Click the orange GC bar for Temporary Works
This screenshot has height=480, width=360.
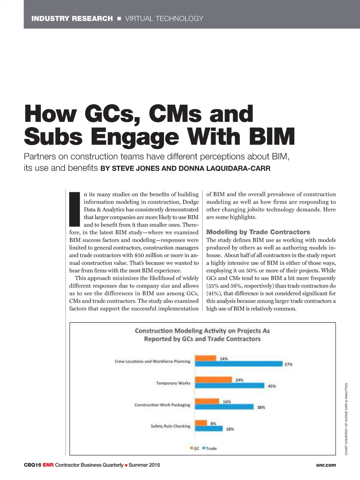pyautogui.click(x=213, y=380)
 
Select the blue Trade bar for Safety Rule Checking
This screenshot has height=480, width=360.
pyautogui.click(x=209, y=429)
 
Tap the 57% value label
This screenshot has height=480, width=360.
pyautogui.click(x=288, y=364)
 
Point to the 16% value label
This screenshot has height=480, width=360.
pyautogui.click(x=227, y=402)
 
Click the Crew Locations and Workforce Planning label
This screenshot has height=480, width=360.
pyautogui.click(x=152, y=361)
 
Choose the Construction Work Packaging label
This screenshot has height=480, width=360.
pyautogui.click(x=162, y=405)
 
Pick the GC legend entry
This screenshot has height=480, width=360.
pyautogui.click(x=195, y=448)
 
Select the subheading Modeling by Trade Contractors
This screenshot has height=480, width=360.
pyautogui.click(x=258, y=232)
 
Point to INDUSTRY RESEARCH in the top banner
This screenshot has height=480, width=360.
pyautogui.click(x=72, y=19)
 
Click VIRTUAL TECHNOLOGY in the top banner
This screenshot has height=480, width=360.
pyautogui.click(x=164, y=19)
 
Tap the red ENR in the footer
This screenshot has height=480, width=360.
pyautogui.click(x=48, y=465)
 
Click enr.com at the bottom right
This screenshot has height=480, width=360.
pyautogui.click(x=326, y=465)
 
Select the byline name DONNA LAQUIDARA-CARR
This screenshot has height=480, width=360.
pyautogui.click(x=224, y=168)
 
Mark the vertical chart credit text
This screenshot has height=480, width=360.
pyautogui.click(x=346, y=419)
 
